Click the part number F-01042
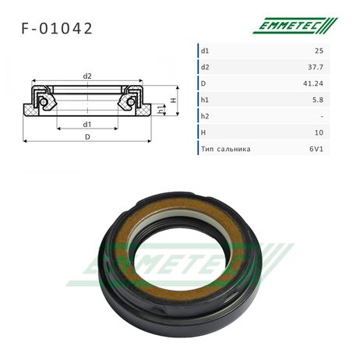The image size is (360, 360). (x=57, y=28)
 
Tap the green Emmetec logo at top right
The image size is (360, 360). (x=295, y=26)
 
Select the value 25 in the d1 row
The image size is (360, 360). (x=319, y=51)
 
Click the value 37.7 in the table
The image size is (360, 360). (x=316, y=67)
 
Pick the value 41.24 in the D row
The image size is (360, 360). (x=313, y=83)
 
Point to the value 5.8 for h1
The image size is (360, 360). (x=318, y=100)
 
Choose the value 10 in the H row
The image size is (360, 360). (x=319, y=132)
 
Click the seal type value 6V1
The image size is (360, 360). (x=316, y=149)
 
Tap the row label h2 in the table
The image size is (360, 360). (x=205, y=116)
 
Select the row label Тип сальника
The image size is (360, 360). (x=226, y=149)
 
